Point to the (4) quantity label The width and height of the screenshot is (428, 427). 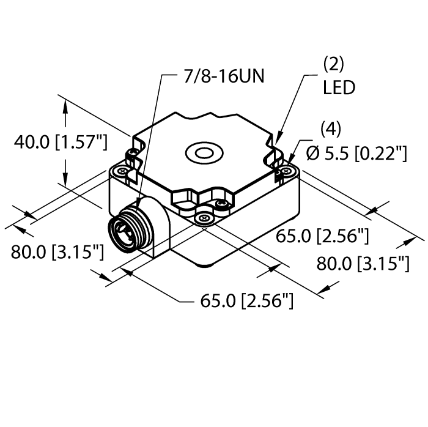click(330, 130)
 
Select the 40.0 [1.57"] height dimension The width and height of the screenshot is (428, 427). click(61, 143)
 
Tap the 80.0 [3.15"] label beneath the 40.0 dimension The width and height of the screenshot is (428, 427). click(57, 251)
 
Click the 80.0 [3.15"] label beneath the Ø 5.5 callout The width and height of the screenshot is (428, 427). click(363, 264)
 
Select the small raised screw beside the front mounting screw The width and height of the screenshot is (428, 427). click(223, 202)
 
